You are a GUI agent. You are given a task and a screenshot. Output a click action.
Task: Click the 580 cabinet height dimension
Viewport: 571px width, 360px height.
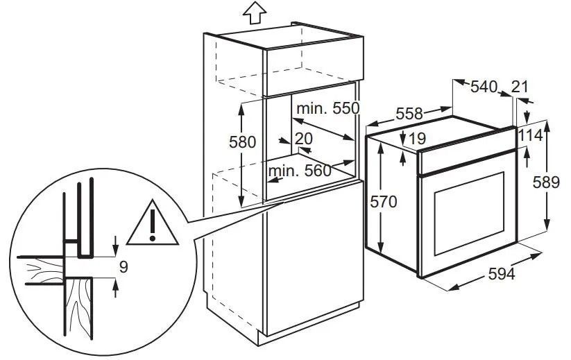pos(242,142)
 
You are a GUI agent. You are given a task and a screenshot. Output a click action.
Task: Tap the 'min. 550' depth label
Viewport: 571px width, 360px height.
pos(328,108)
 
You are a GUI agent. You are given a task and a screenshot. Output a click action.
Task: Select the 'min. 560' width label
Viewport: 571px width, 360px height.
pos(300,171)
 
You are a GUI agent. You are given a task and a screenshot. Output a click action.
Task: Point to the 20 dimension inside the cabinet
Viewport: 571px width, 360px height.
pos(304,139)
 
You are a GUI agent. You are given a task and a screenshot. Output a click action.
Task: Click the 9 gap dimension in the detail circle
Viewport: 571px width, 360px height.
pos(123,267)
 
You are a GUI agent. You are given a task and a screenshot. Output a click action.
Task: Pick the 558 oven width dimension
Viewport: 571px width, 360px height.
pos(409,114)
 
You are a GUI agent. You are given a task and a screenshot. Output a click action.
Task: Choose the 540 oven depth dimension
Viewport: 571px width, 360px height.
pos(484,87)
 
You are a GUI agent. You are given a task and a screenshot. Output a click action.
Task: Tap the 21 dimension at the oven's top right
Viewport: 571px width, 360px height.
pos(520,87)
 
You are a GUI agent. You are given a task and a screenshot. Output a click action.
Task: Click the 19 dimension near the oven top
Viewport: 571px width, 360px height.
pos(418,138)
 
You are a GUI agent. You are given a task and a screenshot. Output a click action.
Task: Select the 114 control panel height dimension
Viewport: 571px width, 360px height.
pos(530,136)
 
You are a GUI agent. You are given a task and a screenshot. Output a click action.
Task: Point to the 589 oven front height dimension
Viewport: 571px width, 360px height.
pos(546,182)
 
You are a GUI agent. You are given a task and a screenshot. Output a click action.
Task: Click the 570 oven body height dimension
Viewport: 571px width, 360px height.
pos(384,201)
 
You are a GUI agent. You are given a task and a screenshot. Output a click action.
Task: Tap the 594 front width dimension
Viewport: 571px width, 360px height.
pos(502,274)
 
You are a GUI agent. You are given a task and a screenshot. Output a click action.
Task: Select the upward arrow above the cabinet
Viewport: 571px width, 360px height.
pos(255,12)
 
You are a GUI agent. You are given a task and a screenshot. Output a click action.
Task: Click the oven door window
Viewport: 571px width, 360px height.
pos(470,214)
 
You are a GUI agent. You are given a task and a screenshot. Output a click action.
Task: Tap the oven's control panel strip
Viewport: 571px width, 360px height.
pos(467,160)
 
